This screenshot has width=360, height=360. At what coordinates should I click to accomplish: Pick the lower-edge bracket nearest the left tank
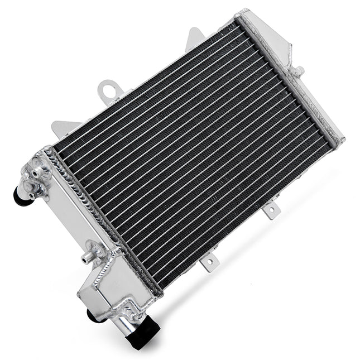pyautogui.click(x=208, y=261)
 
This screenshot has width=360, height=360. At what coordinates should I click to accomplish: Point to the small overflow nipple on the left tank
pyautogui.click(x=86, y=258)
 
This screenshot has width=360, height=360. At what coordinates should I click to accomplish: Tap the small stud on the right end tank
pyautogui.click(x=299, y=71)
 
